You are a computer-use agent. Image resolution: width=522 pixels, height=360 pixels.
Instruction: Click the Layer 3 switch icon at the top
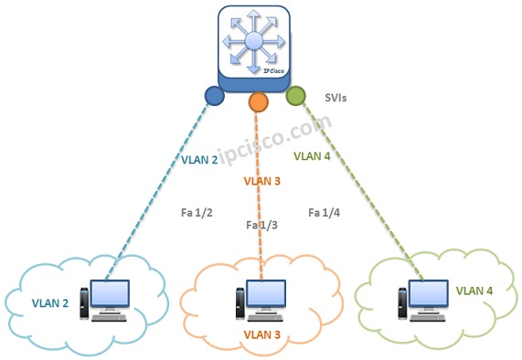click(x=257, y=45)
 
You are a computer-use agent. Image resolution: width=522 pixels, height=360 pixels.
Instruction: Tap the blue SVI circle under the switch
click(x=215, y=95)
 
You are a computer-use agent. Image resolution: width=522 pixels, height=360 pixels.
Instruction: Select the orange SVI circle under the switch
click(x=258, y=101)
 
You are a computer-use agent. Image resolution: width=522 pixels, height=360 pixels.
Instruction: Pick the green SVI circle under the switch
click(x=294, y=95)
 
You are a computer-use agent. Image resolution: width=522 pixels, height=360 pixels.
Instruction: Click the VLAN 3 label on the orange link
click(x=262, y=181)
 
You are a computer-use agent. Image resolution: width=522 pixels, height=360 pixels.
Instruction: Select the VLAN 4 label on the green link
click(x=313, y=156)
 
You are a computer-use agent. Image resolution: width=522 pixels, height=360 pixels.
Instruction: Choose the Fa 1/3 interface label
click(x=261, y=225)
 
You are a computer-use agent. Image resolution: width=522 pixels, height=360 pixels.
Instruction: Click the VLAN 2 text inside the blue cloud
click(x=51, y=302)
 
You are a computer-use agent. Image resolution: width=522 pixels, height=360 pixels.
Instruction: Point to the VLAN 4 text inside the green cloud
click(x=474, y=291)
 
